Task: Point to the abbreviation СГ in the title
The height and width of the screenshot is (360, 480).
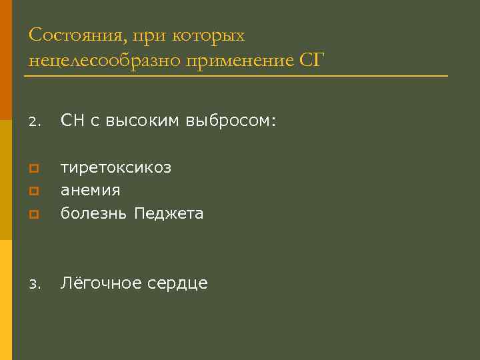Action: (311, 61)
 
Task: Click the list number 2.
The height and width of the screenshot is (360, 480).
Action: (35, 122)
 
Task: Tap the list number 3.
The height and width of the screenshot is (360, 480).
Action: (35, 285)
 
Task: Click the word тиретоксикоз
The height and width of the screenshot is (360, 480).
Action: (116, 167)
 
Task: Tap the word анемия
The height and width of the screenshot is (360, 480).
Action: (91, 190)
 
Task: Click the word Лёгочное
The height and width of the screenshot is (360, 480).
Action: (97, 283)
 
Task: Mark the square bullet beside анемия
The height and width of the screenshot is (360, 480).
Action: (33, 191)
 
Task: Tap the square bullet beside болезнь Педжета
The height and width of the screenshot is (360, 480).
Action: (33, 215)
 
